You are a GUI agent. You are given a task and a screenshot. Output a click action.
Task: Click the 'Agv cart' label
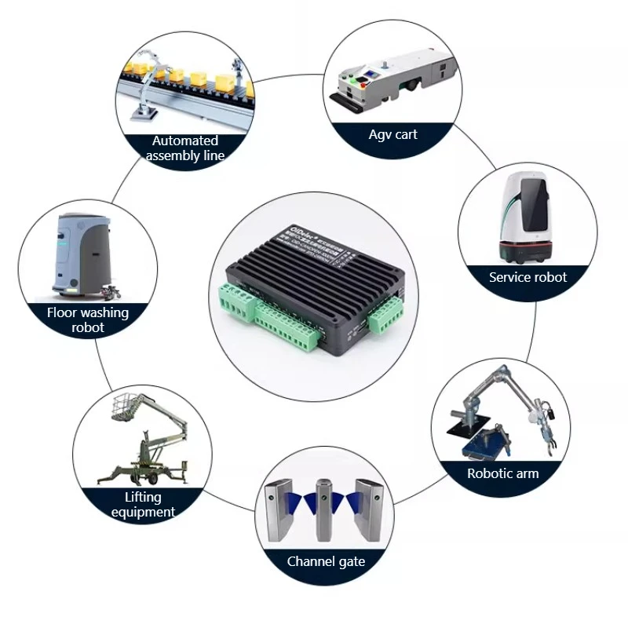pyautogui.click(x=393, y=134)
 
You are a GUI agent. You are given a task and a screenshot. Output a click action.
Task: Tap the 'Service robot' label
pyautogui.click(x=528, y=277)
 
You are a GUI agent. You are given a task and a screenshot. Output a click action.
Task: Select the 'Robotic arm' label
pyautogui.click(x=503, y=473)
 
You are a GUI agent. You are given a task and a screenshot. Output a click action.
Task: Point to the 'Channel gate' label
pyautogui.click(x=326, y=561)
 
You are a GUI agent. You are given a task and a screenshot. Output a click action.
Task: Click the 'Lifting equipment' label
pyautogui.click(x=143, y=505)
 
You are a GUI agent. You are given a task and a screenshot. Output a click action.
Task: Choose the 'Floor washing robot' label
pyautogui.click(x=88, y=319)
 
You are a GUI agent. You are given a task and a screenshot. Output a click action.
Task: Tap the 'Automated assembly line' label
pyautogui.click(x=185, y=148)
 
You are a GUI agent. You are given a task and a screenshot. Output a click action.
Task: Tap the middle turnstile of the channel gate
pyautogui.click(x=324, y=509)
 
